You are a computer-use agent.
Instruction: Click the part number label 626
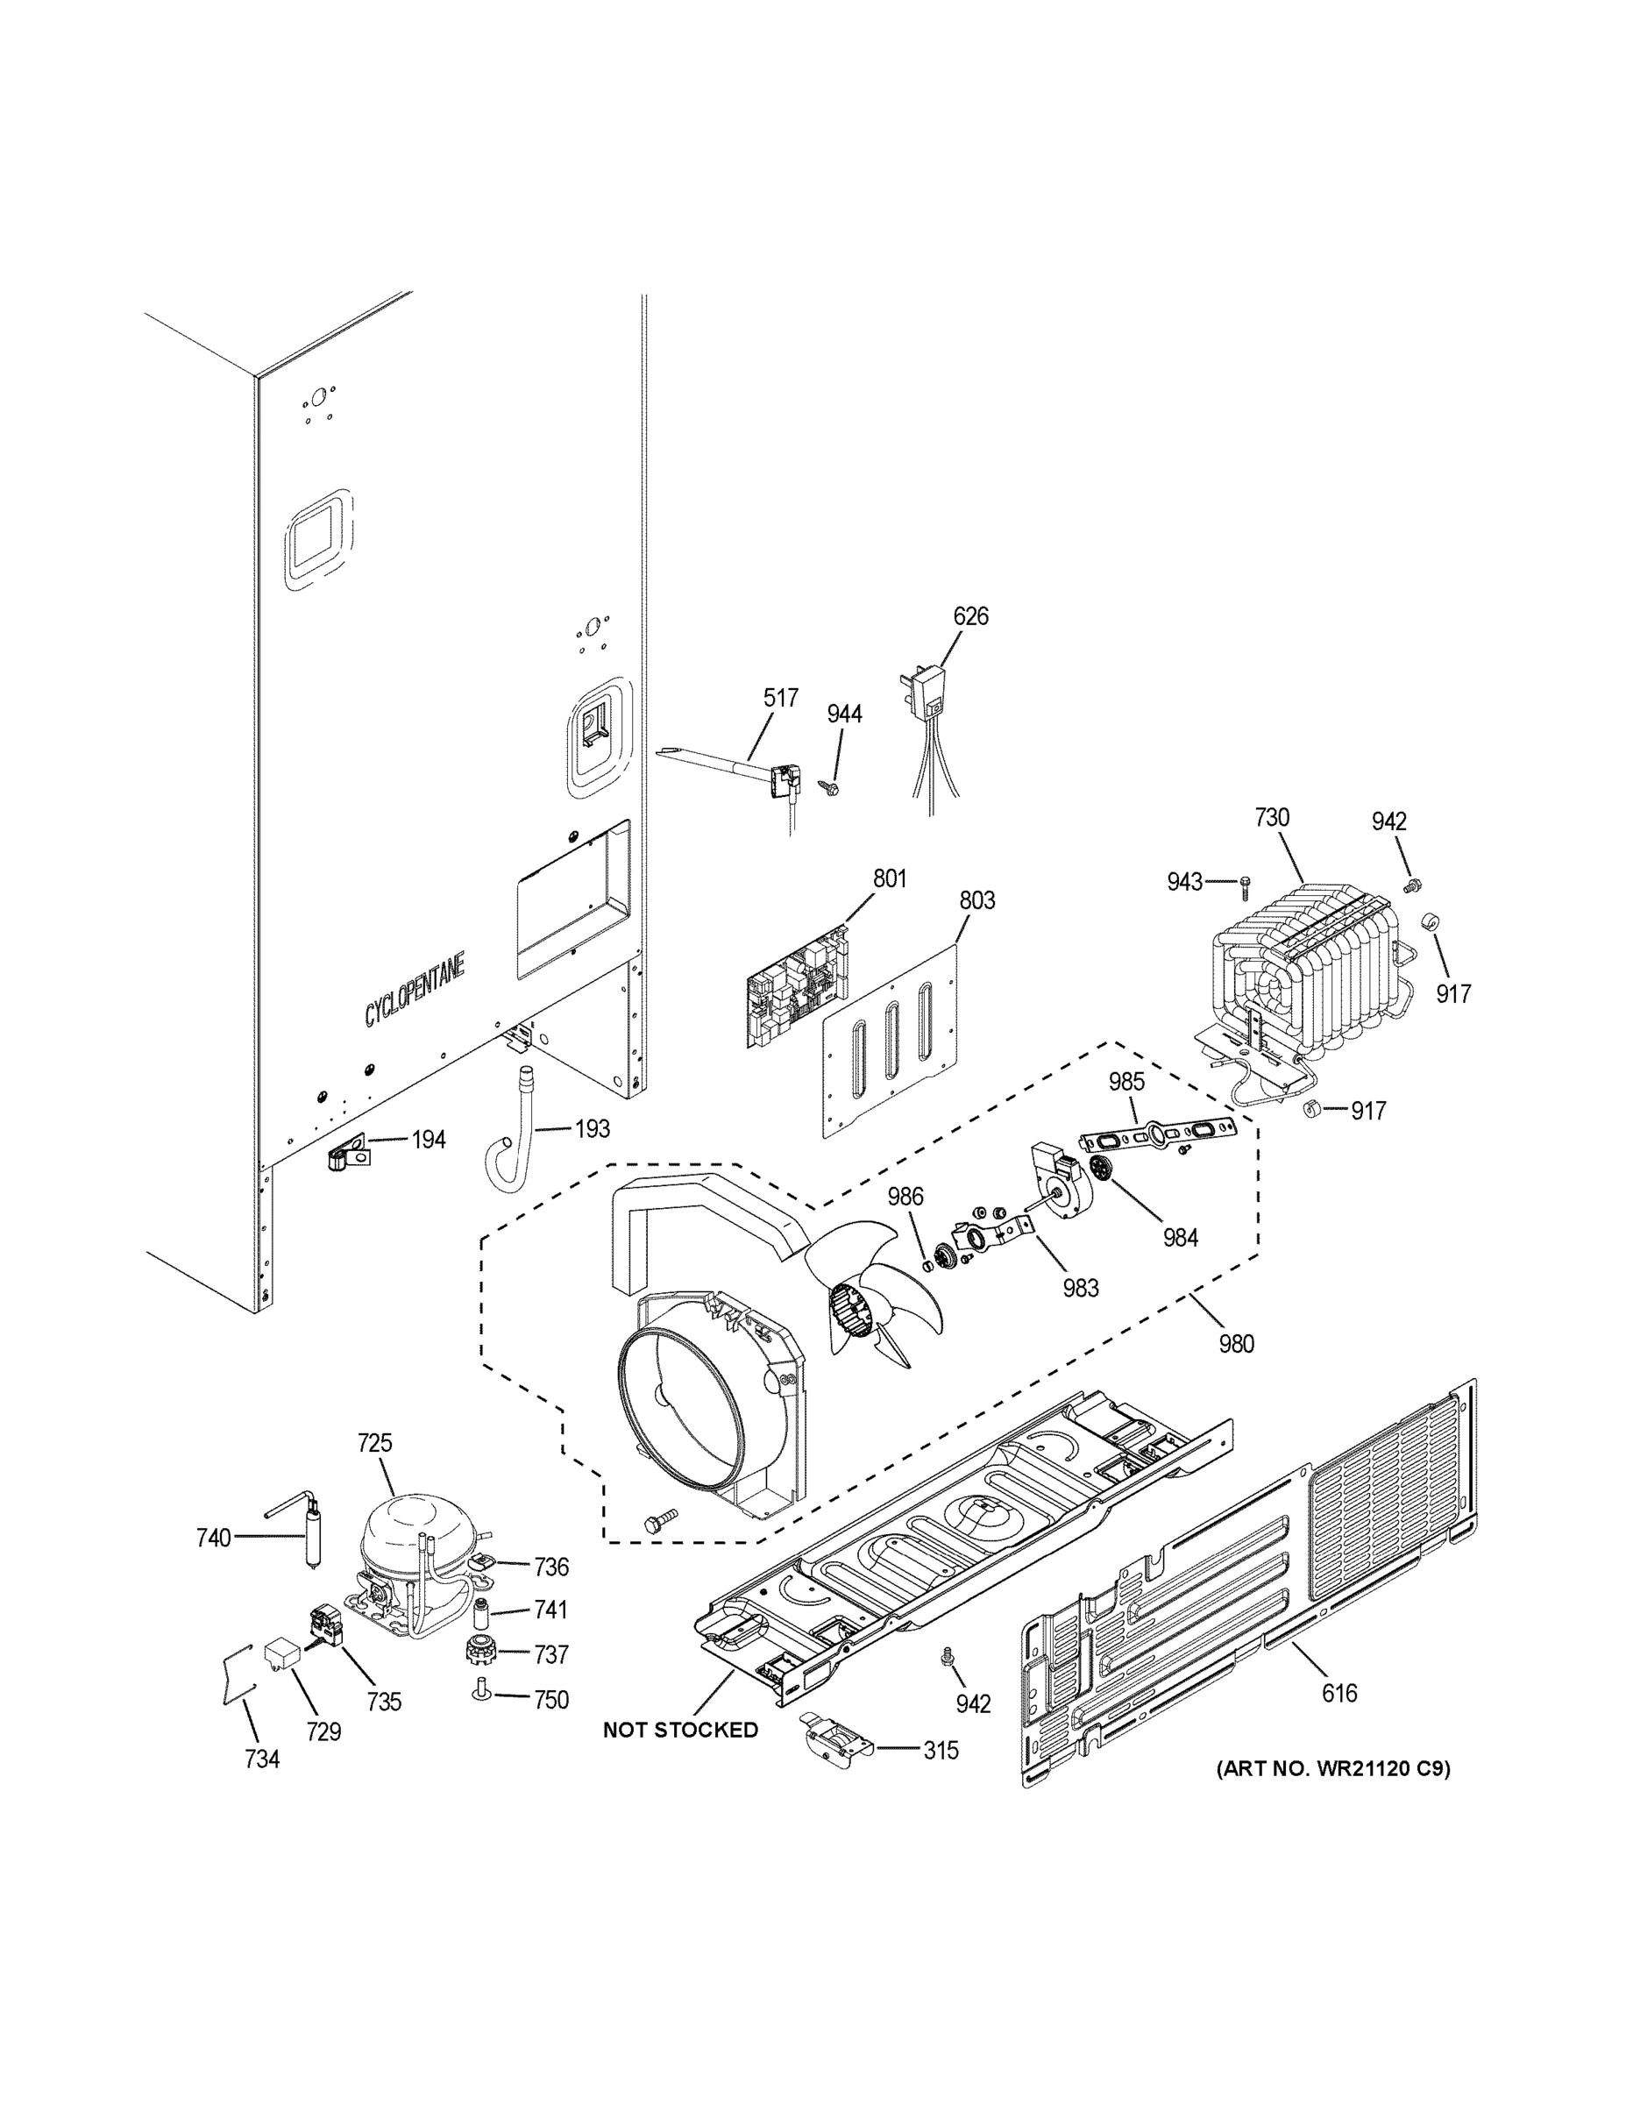click(970, 615)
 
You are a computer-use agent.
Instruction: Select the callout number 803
click(976, 900)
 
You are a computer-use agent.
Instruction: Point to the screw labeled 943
click(1245, 881)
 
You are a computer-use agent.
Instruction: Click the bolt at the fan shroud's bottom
click(659, 1520)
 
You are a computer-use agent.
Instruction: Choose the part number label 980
click(1236, 1343)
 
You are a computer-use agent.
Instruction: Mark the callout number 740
click(213, 1538)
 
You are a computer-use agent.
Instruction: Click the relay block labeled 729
click(280, 1653)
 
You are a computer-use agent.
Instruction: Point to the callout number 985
click(1125, 1082)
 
